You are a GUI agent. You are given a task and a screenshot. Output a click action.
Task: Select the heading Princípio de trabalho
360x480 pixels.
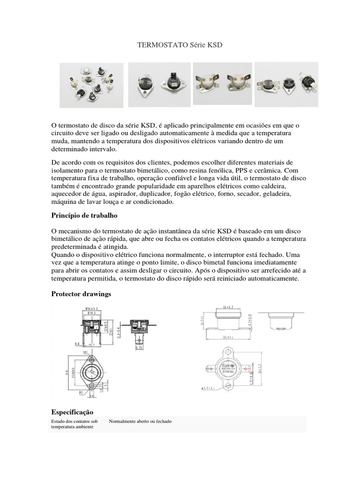(x=83, y=215)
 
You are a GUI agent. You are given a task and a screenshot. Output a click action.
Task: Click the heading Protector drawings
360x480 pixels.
(x=81, y=293)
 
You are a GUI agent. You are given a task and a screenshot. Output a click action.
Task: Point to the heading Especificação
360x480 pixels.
(x=72, y=412)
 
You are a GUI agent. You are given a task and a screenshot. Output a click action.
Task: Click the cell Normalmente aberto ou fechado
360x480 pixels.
(x=140, y=421)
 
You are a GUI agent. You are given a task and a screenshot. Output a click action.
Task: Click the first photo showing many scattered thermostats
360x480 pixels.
(x=92, y=85)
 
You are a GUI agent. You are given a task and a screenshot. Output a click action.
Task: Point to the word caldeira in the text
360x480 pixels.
(x=285, y=186)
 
